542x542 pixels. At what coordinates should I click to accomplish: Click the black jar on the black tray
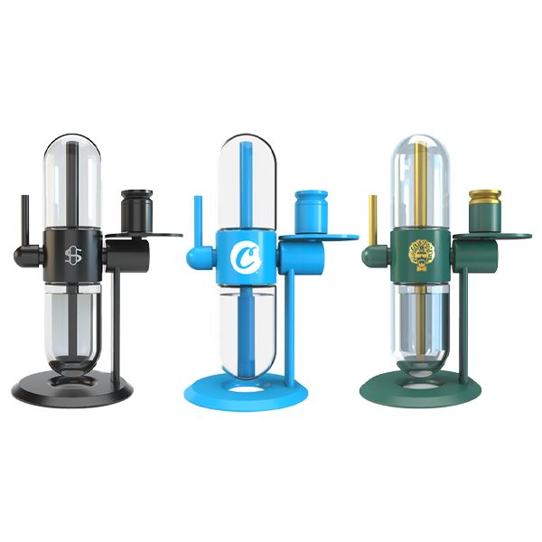136,210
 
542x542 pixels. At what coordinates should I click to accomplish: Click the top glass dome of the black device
72,176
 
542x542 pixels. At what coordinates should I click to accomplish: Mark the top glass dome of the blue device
245,176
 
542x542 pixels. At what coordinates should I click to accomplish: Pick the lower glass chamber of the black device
72,325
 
